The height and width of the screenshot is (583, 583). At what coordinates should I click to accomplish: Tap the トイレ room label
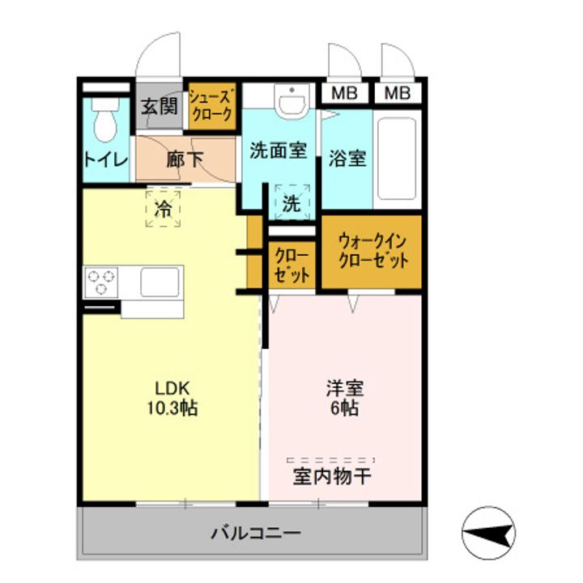(104, 160)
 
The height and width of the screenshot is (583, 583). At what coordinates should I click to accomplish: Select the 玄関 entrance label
(160, 106)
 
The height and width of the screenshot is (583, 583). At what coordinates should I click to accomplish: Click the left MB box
(344, 93)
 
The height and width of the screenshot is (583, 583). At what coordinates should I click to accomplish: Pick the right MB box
(397, 93)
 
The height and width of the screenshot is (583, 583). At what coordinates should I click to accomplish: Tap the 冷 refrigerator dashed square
(164, 208)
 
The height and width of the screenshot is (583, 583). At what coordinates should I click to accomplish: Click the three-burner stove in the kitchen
(100, 282)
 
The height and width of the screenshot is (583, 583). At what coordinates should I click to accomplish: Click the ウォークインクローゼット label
(372, 251)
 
